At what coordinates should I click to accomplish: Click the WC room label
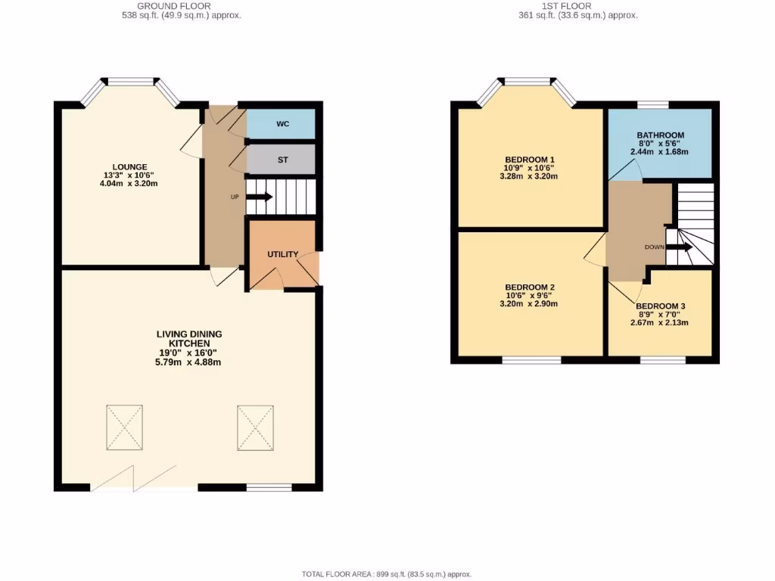[x=282, y=123]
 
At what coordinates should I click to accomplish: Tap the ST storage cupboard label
[x=282, y=160]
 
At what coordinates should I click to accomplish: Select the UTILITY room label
[x=282, y=254]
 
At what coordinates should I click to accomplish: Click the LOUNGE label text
[x=129, y=167]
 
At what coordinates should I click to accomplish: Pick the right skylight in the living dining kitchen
[x=256, y=427]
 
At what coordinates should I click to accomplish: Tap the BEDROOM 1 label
[x=530, y=160]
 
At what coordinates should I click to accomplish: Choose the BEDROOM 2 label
[x=530, y=287]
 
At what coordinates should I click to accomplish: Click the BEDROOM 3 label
[x=659, y=306]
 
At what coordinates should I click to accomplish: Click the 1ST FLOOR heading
[x=566, y=6]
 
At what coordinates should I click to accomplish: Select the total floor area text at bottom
[x=387, y=574]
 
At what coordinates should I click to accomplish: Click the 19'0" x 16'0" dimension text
[x=189, y=353]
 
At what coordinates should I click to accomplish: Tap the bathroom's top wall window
[x=652, y=104]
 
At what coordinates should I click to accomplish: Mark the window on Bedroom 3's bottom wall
[x=663, y=360]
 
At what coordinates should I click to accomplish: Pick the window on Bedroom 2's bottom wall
[x=531, y=360]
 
